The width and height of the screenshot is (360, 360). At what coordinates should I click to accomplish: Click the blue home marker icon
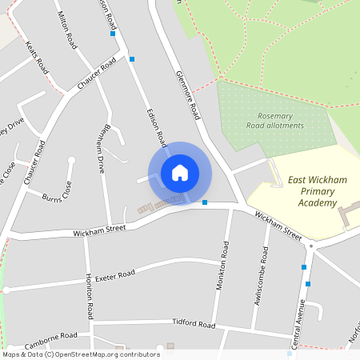180,173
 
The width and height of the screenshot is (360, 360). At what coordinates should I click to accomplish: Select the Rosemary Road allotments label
275,121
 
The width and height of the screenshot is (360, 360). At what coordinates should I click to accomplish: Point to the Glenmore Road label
187,95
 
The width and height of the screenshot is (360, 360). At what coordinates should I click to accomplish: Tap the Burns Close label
56,194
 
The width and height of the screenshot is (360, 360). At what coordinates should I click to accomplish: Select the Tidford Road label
194,325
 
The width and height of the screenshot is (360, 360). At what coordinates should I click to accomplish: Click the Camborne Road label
50,340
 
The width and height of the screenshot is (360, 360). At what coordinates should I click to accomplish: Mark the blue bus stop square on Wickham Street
206,202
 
